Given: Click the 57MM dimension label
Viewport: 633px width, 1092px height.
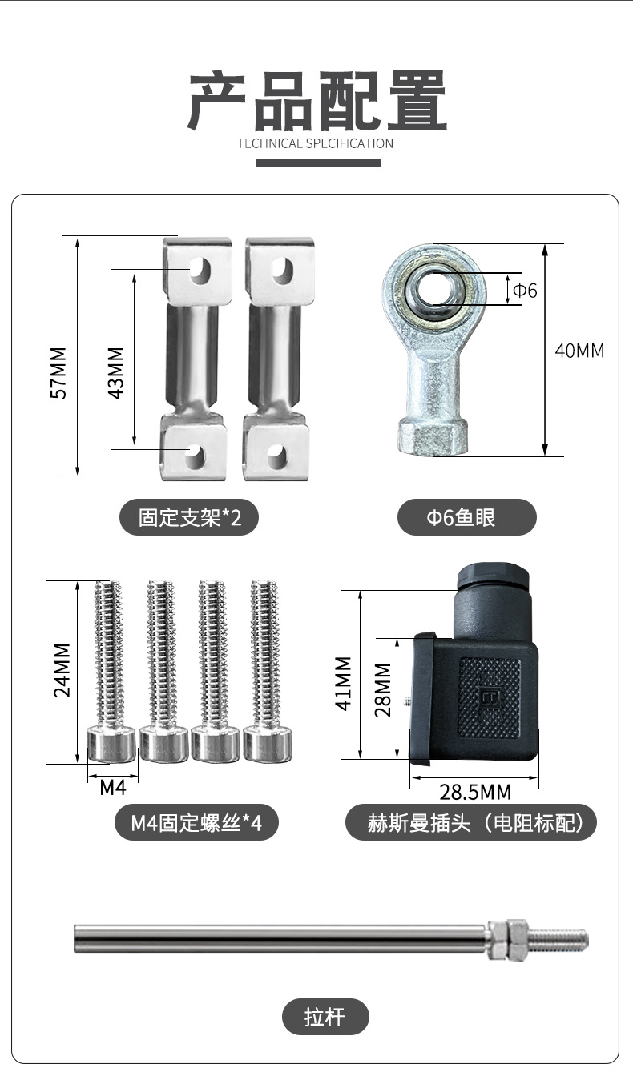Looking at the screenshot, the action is (x=58, y=373).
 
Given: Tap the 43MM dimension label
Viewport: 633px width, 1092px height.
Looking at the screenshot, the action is (x=115, y=373).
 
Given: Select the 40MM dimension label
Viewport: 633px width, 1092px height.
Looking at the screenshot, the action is (x=579, y=351).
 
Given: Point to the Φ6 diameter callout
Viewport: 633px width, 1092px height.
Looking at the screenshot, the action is (x=525, y=290).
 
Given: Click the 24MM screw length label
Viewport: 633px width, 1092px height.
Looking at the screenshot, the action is (x=62, y=670).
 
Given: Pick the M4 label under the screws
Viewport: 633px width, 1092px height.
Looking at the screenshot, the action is (x=113, y=787).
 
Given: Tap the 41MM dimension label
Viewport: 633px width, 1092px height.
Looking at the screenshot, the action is (x=344, y=684).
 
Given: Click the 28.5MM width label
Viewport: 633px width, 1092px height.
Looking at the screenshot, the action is (x=475, y=792).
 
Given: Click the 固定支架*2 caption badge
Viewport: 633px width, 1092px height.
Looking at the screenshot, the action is (x=189, y=517).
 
